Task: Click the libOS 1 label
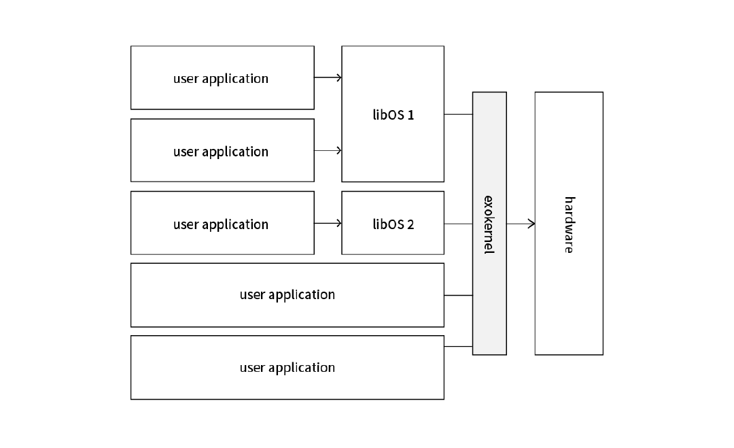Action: coord(394,115)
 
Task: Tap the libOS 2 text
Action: coord(394,224)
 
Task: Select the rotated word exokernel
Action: coord(489,225)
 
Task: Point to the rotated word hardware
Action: coord(570,225)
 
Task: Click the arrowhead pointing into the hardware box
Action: coord(531,224)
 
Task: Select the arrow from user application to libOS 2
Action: coord(328,223)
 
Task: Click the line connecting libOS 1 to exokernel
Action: coord(458,114)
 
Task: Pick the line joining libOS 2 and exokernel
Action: coord(458,224)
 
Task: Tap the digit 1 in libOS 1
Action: coord(410,115)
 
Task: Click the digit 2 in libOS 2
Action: coord(410,224)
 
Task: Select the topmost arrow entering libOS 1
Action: coord(328,77)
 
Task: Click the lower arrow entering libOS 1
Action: coord(328,150)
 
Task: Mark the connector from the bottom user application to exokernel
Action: coord(458,347)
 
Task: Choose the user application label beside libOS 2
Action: coord(221,225)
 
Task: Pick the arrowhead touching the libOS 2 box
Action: coord(339,223)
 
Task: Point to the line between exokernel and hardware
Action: coord(521,224)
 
